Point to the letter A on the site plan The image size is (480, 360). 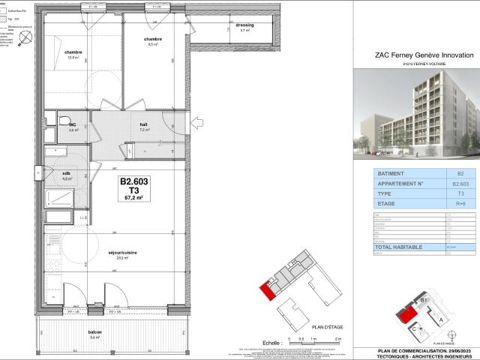point(439,317)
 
